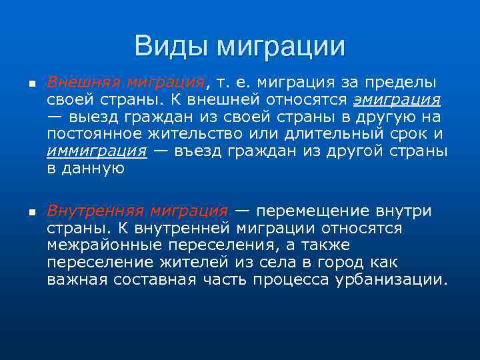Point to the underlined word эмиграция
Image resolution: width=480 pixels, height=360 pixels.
(397, 99)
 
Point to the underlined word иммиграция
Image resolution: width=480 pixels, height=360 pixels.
(97, 151)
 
